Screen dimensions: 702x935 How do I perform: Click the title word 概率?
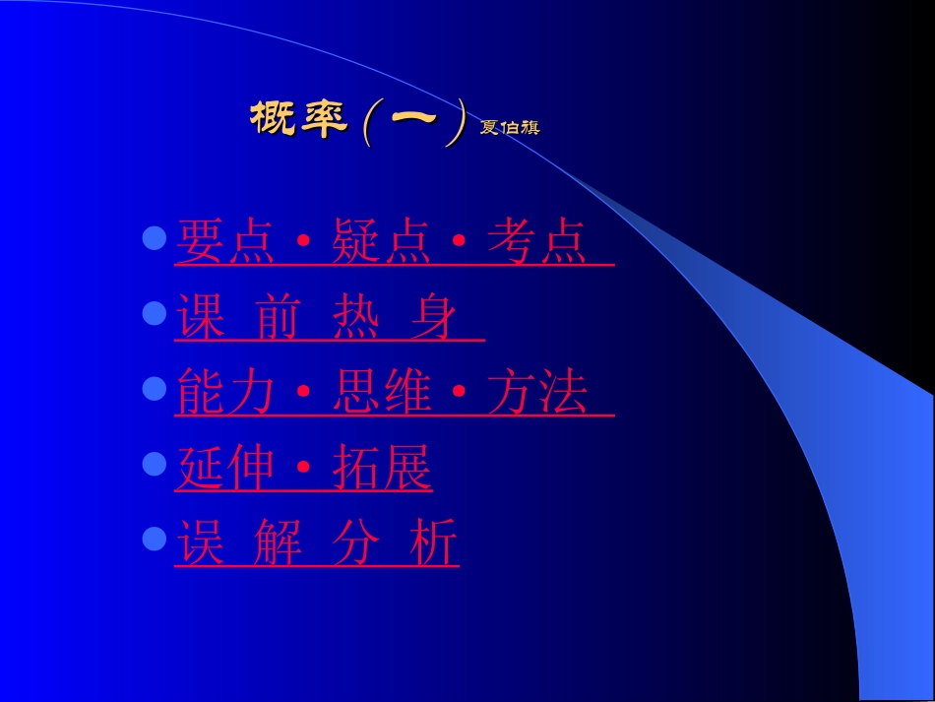tap(299, 120)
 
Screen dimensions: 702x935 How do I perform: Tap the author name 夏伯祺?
tap(510, 128)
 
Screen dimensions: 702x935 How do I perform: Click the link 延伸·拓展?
tap(303, 470)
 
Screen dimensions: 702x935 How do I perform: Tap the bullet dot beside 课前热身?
tap(154, 313)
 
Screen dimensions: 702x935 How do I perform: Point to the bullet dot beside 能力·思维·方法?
tap(154, 388)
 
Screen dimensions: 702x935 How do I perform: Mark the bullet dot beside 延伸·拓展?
tap(154, 463)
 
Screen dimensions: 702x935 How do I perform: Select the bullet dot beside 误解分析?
tap(154, 538)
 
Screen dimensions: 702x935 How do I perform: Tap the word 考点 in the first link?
tap(536, 242)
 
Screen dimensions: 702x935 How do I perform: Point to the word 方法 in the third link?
tap(537, 394)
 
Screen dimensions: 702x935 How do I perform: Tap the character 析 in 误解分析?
tap(434, 543)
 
